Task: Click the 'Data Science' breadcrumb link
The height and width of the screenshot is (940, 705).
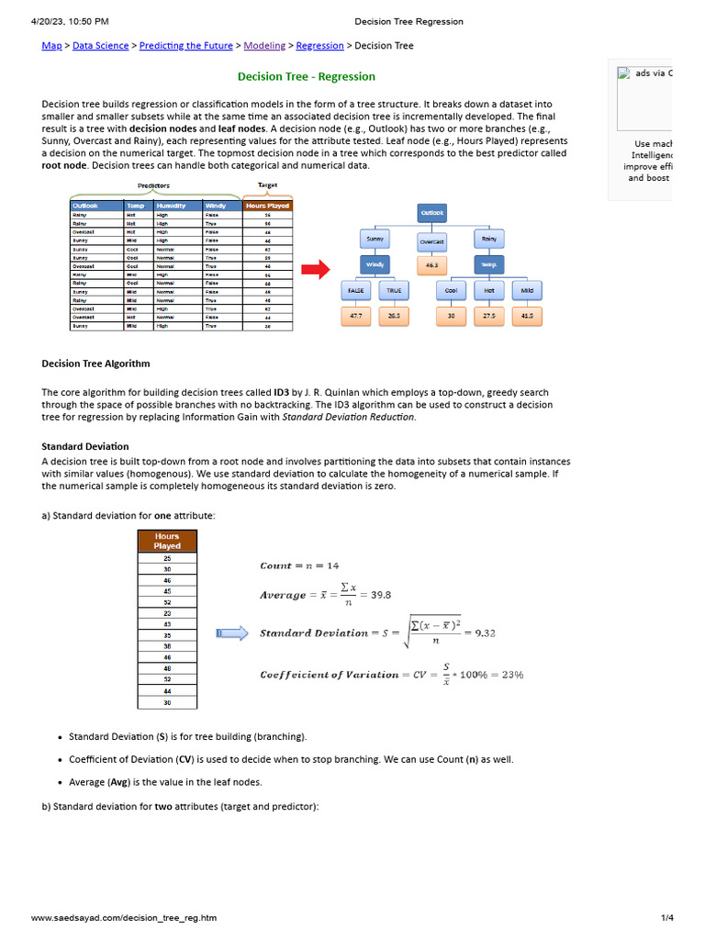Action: [101, 46]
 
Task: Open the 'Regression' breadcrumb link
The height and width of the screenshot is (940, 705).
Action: [319, 46]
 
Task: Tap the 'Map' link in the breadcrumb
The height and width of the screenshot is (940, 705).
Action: [51, 46]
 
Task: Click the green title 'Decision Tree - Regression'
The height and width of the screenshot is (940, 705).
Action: [307, 76]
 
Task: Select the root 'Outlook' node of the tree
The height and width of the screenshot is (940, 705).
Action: [431, 213]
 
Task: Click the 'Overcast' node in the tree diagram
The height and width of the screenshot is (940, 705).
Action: [431, 241]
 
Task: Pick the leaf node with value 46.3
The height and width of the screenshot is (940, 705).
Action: [431, 265]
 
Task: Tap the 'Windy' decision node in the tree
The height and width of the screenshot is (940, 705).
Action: [375, 265]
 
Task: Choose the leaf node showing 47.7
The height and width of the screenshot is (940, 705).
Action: [354, 316]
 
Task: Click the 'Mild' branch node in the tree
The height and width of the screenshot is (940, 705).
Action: [527, 291]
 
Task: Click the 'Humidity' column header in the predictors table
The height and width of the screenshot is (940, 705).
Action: [177, 206]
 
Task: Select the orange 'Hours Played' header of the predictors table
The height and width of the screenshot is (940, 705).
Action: [267, 206]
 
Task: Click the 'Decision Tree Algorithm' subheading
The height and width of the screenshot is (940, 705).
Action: [95, 364]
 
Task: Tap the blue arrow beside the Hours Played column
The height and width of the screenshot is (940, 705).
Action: [231, 632]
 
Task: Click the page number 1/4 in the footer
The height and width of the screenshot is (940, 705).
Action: [667, 917]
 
